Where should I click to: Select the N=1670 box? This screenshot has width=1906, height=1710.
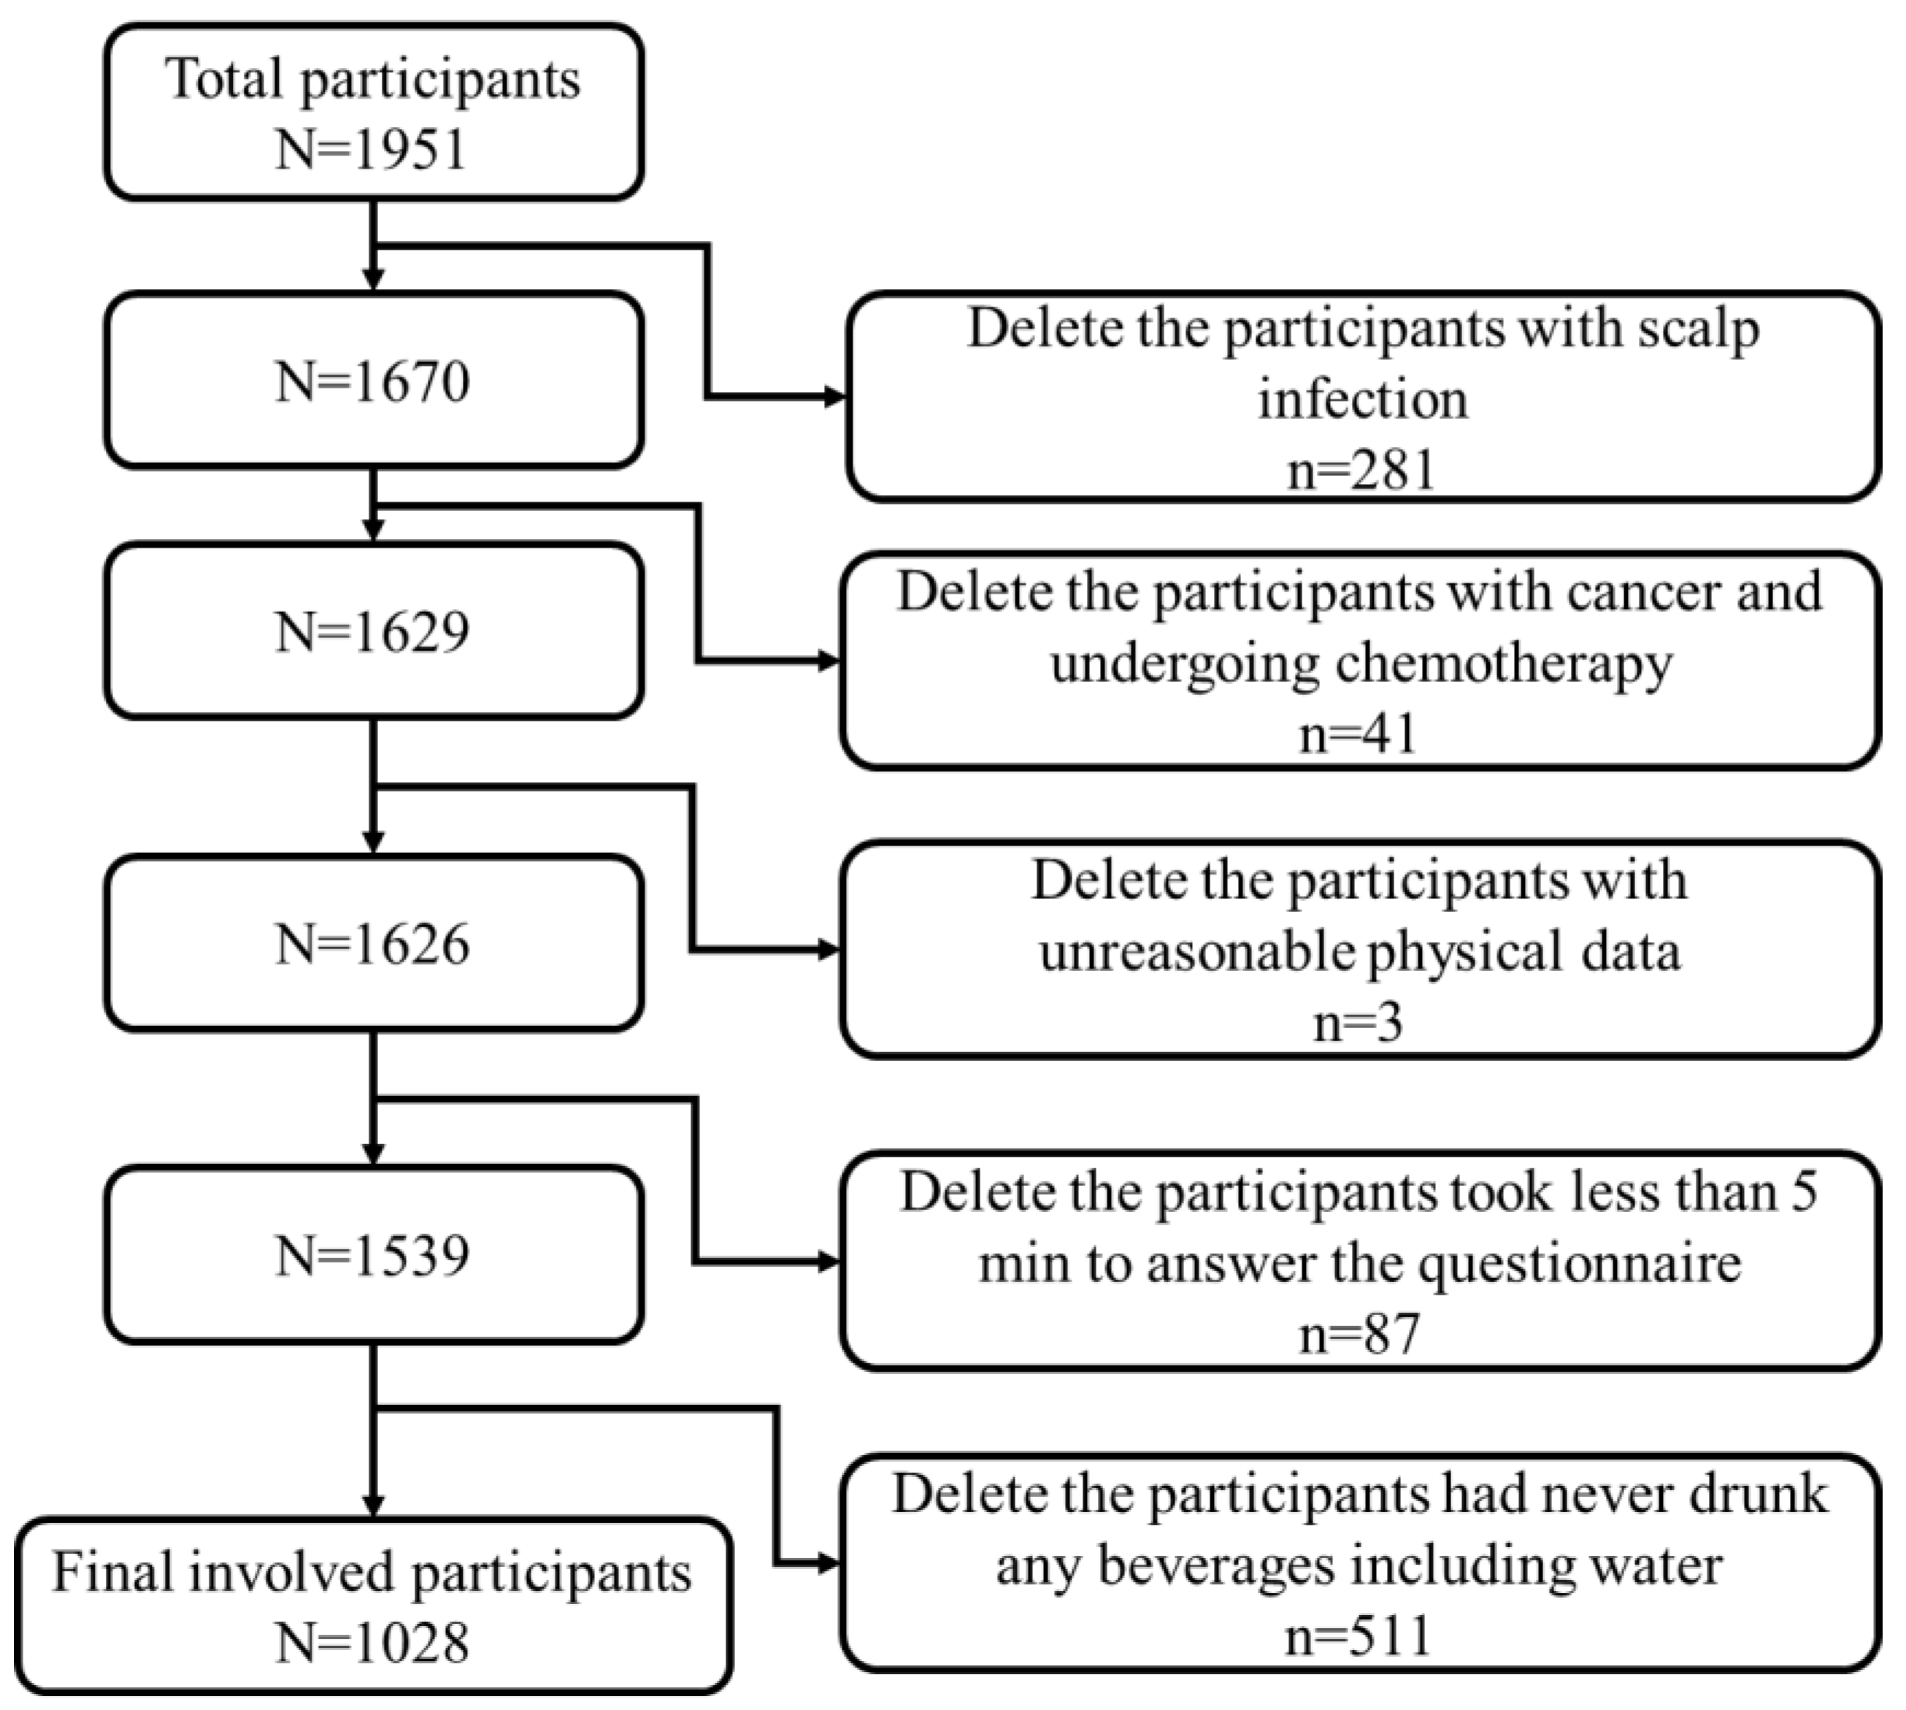(373, 381)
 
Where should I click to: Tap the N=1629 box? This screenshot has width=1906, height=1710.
(373, 632)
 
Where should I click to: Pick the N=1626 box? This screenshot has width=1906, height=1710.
(373, 943)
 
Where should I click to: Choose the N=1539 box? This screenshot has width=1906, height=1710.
(373, 1255)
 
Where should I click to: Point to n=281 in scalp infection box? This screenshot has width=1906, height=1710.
(1361, 469)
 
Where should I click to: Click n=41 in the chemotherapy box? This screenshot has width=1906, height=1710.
(1359, 734)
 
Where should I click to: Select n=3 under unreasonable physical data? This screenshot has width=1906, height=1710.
(1359, 1022)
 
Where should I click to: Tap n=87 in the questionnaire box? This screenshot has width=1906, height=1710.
(1359, 1333)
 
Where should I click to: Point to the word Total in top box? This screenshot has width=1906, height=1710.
(223, 79)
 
